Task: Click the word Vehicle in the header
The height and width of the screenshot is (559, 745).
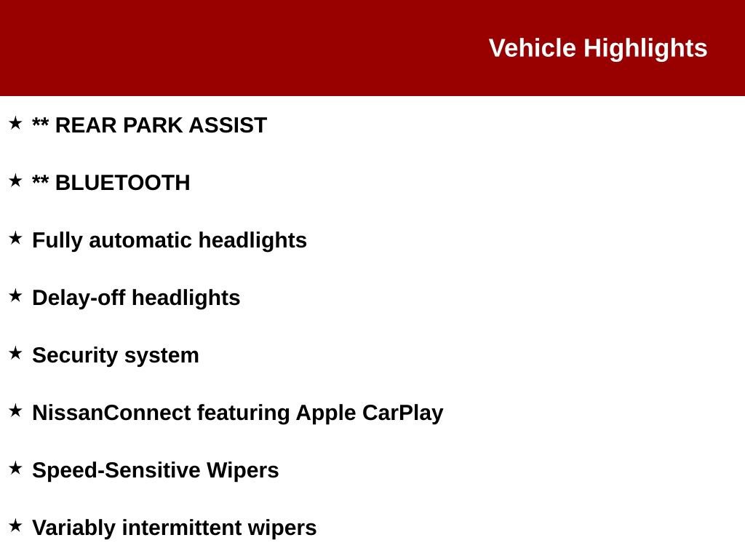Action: tap(532, 48)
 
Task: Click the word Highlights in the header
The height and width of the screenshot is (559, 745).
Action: tap(645, 49)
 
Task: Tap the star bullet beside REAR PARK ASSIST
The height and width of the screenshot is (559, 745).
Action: tap(16, 123)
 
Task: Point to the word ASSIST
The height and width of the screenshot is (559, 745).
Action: tap(228, 125)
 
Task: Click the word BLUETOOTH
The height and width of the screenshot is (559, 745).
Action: tap(122, 183)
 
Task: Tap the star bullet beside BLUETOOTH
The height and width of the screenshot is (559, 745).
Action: tap(16, 181)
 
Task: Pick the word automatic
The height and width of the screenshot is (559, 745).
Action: tap(140, 240)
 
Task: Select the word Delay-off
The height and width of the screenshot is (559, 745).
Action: tap(79, 298)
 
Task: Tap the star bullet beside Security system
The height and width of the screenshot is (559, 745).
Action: tap(16, 353)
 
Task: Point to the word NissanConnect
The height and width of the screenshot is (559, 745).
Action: tap(111, 413)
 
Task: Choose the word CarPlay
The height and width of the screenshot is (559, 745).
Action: tap(402, 413)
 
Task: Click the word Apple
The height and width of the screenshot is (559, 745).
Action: tap(325, 413)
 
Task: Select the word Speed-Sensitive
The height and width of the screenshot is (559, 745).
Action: tap(116, 471)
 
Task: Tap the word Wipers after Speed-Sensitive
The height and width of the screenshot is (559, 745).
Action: tap(242, 471)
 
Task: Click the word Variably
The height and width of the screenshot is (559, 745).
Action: tap(73, 528)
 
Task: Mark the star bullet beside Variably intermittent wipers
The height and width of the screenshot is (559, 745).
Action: tap(16, 526)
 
